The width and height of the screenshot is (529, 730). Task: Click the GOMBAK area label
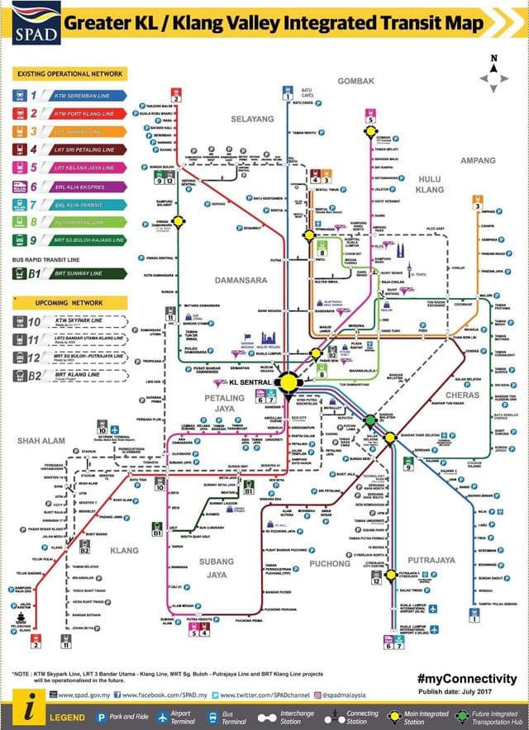[x=356, y=80]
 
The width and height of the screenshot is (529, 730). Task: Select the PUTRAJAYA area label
[x=432, y=559]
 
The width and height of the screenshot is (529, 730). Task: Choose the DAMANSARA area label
[x=241, y=280]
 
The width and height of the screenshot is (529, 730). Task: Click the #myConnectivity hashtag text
[x=468, y=678]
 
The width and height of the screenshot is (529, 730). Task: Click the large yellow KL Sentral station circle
[x=288, y=382]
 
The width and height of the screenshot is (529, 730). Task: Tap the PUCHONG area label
[x=331, y=564]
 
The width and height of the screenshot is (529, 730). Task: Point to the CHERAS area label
[x=462, y=395]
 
